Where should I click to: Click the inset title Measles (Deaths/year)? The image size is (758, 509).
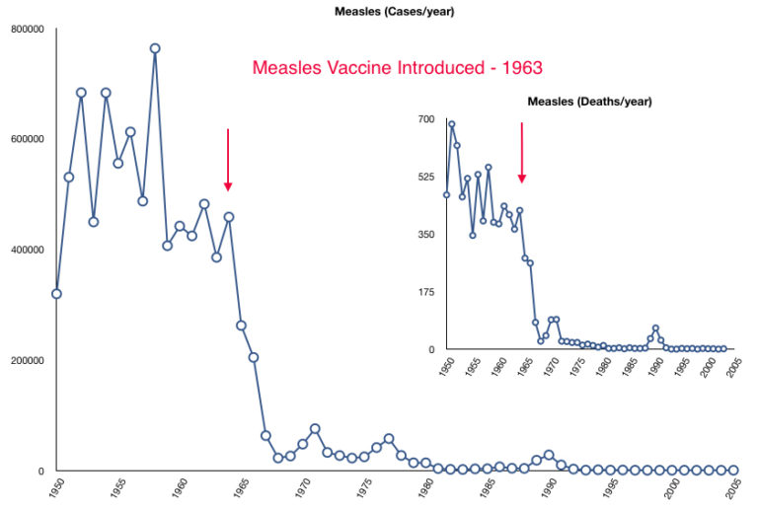589,101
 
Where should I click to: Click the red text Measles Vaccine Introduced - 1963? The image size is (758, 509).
398,68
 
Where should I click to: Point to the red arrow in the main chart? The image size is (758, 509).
228,158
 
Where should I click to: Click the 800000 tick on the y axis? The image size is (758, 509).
27,29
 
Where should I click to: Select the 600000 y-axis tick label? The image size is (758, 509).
27,139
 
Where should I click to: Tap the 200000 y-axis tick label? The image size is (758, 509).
27,360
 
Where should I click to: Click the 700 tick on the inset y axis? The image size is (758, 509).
425,119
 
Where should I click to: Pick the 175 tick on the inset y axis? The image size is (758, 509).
425,292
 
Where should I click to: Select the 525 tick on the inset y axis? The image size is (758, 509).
425,177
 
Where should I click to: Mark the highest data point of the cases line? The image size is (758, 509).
155,48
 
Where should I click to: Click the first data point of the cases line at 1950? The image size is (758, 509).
56,293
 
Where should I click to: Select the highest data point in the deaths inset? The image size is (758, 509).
452,124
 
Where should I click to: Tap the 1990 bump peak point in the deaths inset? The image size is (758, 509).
655,328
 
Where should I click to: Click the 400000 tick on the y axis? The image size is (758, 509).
27,250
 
